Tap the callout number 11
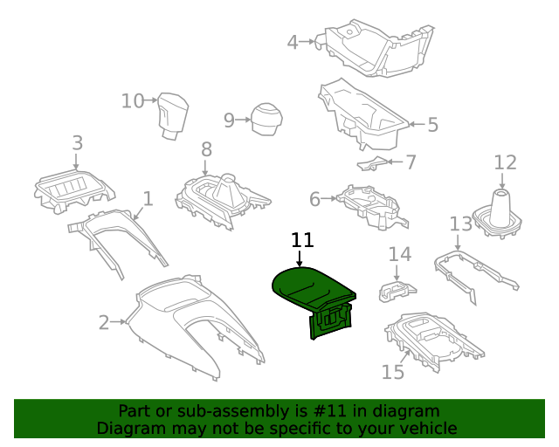[x=301, y=240]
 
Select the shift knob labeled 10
[x=174, y=117]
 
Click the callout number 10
[x=133, y=101]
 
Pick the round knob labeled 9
[x=266, y=120]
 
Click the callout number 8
[x=206, y=149]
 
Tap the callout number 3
[x=77, y=142]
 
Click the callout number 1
[x=148, y=199]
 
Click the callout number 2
[x=104, y=323]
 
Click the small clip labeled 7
[x=373, y=162]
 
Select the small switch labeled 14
[x=397, y=287]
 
